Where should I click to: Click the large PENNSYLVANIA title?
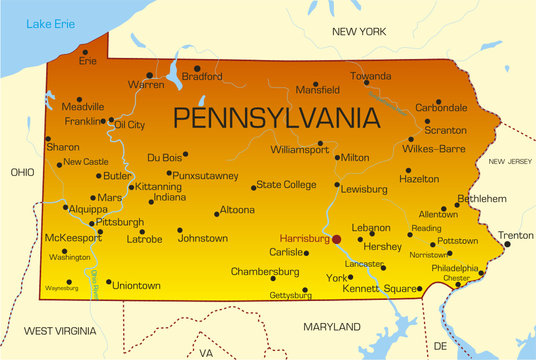[277, 117]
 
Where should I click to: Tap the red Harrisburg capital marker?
[336, 239]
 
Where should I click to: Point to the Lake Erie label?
[50, 23]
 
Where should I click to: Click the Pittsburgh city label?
[120, 222]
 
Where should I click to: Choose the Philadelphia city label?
[455, 268]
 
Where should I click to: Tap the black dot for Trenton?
[506, 244]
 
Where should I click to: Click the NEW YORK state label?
[358, 32]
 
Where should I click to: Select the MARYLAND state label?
[331, 327]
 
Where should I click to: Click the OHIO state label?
[22, 173]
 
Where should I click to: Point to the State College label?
[286, 185]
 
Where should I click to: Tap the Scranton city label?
[445, 130]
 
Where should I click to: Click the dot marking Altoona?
[216, 213]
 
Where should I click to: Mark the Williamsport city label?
[299, 149]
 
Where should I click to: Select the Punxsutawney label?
[206, 176]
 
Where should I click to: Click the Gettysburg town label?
[291, 295]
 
